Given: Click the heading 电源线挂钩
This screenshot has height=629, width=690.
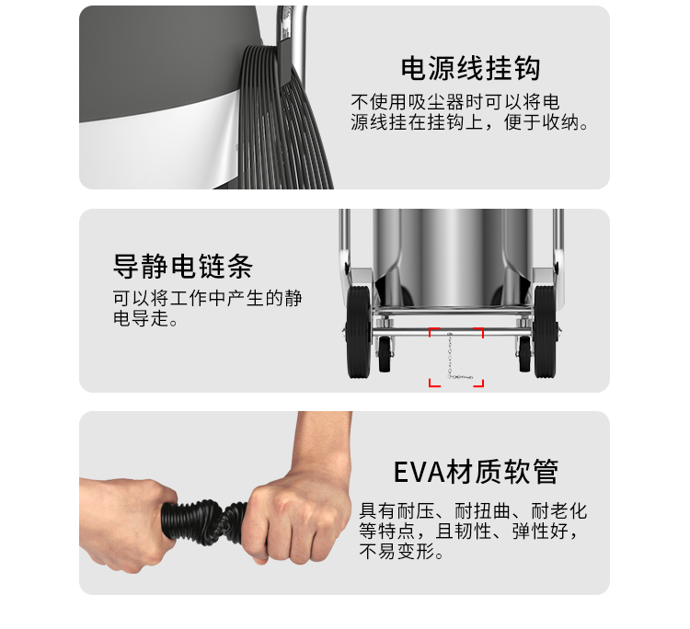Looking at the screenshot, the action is click(470, 68).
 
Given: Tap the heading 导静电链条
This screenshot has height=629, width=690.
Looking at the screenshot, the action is click(183, 266).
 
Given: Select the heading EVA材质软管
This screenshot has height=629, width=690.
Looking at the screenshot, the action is click(476, 472).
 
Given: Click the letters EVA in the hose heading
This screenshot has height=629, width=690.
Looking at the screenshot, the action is click(419, 473).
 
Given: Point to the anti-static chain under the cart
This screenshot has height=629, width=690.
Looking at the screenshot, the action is click(451, 355).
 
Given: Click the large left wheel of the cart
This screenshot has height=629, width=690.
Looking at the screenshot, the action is click(359, 331).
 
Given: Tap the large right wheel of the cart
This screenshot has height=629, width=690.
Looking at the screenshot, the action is click(546, 331).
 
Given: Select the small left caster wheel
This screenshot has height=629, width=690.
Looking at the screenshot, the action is click(385, 354).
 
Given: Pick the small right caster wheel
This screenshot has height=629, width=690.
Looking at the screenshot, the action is click(524, 354).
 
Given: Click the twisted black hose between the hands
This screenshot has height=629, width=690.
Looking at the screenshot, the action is click(204, 521).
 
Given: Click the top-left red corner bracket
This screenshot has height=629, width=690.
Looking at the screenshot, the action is click(433, 332).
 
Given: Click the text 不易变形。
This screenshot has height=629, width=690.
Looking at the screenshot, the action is click(401, 551).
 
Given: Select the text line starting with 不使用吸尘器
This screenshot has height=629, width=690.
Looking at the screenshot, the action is click(455, 102).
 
